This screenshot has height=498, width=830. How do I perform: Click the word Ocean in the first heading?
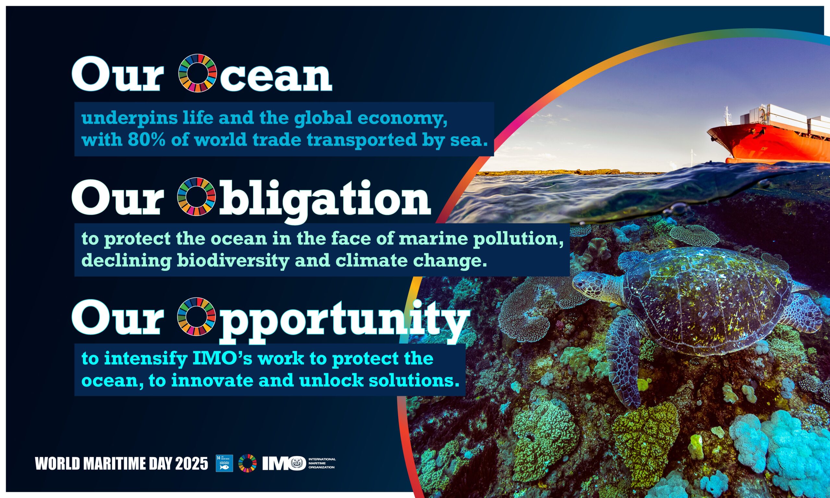click(255, 73)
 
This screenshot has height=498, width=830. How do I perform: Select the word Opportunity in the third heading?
click(323, 321)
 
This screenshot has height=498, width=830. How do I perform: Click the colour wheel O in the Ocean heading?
click(197, 73)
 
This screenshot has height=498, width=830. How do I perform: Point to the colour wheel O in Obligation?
click(196, 196)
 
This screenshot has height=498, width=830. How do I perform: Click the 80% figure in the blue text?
click(147, 140)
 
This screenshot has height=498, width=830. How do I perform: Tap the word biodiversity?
click(233, 261)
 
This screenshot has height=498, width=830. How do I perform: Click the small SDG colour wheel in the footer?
click(248, 463)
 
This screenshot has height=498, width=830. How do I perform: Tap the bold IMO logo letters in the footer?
click(284, 463)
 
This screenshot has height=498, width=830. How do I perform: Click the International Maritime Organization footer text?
click(322, 463)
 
